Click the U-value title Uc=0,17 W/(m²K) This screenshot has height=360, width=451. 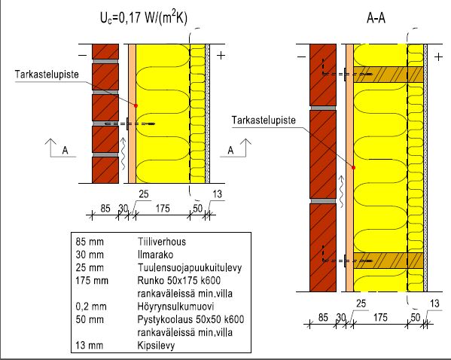coord(144,18)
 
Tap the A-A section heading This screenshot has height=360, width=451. coord(376,18)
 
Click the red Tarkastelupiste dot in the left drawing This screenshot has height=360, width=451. coord(136,105)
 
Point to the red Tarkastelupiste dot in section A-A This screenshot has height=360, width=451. coord(353,167)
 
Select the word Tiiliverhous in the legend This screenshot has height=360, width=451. coord(162,242)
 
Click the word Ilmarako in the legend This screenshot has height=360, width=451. coord(155,255)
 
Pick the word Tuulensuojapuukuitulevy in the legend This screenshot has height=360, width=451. coord(190,267)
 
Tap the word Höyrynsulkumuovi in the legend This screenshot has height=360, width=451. coord(175,307)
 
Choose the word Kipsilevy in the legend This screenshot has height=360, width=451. coord(156,346)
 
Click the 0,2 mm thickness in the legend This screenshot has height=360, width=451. coord(91,307)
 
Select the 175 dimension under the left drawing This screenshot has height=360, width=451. coord(163,209)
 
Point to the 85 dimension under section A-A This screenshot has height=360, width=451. coord(323,317)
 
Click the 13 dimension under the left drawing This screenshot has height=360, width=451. coord(217,194)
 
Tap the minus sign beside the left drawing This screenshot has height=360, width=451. coord(83,56)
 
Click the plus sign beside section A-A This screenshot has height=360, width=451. coord(438,57)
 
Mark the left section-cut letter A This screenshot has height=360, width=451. coord(66,150)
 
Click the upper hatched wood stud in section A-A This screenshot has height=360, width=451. coord(389,75)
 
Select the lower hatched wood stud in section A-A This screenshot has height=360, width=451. coord(389,261)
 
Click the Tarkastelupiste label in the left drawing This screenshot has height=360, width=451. coord(47,75)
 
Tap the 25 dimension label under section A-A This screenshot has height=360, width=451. coord(361,304)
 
